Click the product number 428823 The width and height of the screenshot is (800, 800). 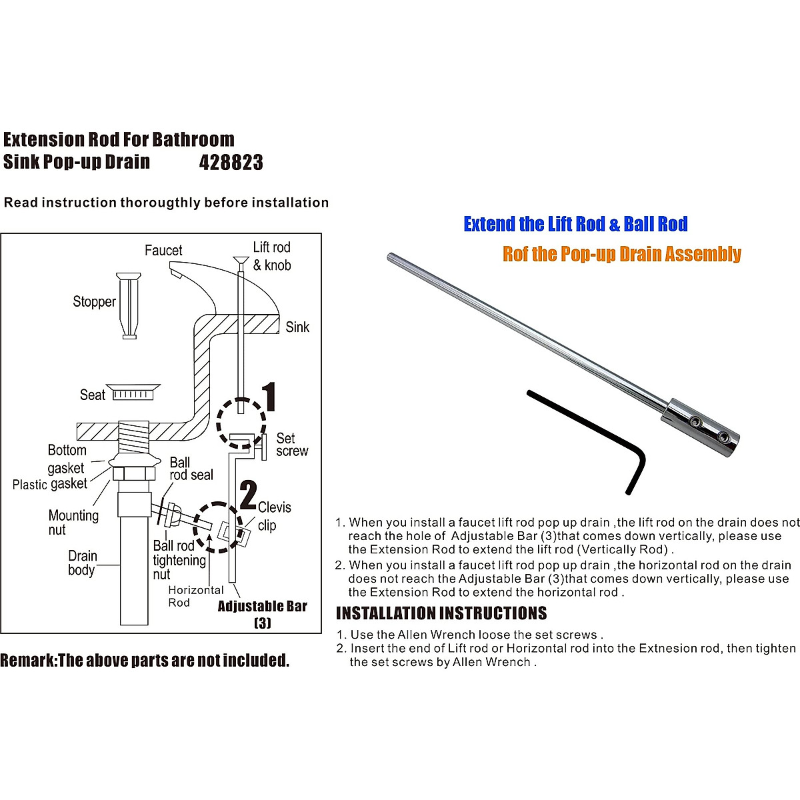tap(231, 163)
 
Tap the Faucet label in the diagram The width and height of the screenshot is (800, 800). tap(163, 251)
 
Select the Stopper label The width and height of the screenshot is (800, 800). tap(94, 302)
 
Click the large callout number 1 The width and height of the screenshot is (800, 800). tap(268, 397)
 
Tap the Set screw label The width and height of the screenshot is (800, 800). tap(292, 445)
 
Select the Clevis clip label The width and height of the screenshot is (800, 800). tap(274, 516)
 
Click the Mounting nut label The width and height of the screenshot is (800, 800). tap(73, 523)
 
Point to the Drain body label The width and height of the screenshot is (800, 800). tap(83, 563)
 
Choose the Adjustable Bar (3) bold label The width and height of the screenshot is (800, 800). tap(263, 614)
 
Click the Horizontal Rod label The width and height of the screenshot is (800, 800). tap(195, 596)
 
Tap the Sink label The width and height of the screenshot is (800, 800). tap(297, 327)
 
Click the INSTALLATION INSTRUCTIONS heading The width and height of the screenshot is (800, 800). tap(441, 613)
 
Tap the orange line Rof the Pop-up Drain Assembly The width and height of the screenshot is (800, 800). tap(621, 254)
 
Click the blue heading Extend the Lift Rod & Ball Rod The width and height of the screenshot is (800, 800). tap(575, 224)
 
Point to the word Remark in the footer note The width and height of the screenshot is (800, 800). tap(28, 661)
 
